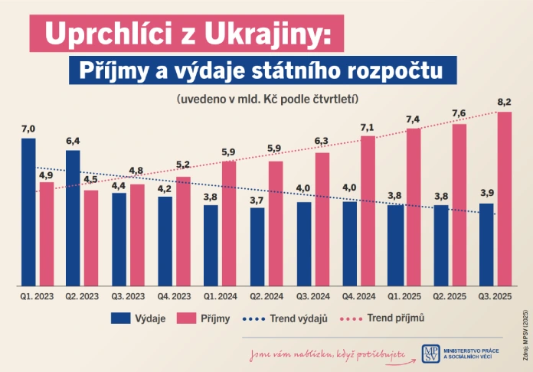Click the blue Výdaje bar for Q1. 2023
pyautogui.click(x=28, y=211)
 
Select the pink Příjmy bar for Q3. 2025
pyautogui.click(x=505, y=198)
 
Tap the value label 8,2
pyautogui.click(x=505, y=103)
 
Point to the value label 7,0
pyautogui.click(x=28, y=128)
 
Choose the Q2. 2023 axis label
pyautogui.click(x=82, y=295)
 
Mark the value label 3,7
pyautogui.click(x=257, y=199)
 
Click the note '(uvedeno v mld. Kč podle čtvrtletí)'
pyautogui.click(x=267, y=100)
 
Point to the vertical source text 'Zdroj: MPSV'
pyautogui.click(x=525, y=337)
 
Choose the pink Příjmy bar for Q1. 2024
pyautogui.click(x=229, y=223)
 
